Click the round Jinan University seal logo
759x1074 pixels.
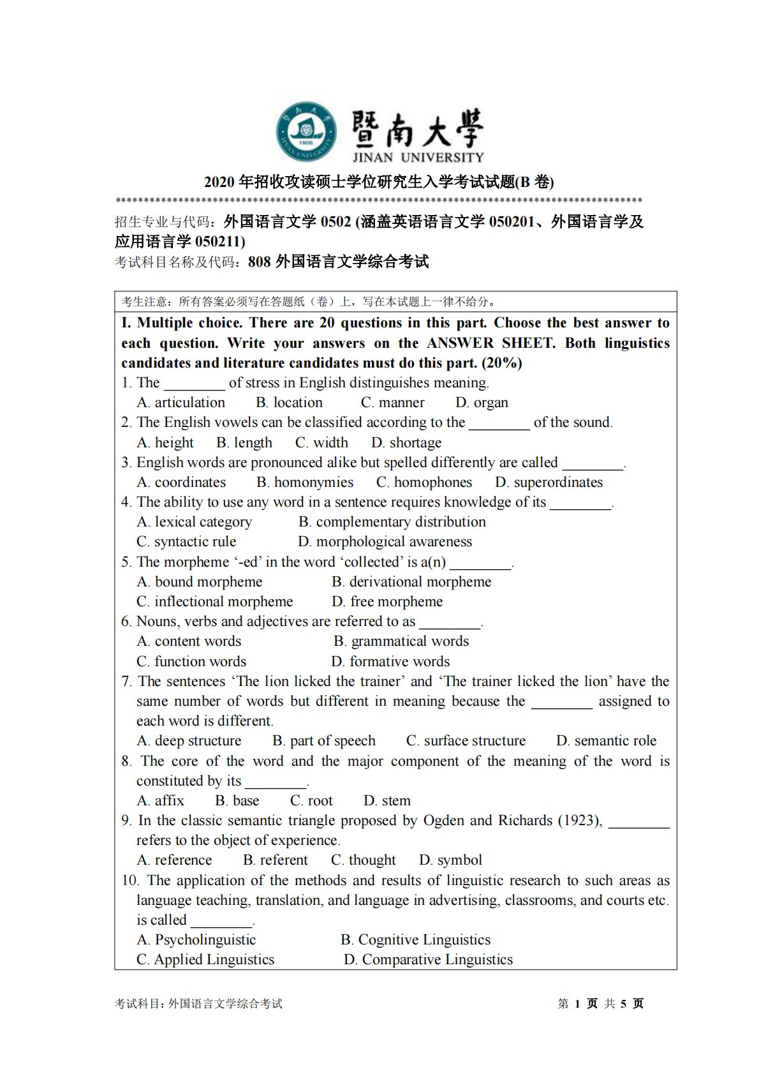tap(307, 132)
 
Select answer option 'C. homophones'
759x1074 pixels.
tap(424, 482)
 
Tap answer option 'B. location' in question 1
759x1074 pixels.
tap(289, 402)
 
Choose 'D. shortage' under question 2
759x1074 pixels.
tap(406, 442)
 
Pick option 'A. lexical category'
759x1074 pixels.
tap(194, 521)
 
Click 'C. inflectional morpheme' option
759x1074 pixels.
tap(214, 601)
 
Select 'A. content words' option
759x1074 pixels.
tap(189, 641)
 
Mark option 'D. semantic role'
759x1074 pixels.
tap(606, 740)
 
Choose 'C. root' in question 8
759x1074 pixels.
tap(311, 800)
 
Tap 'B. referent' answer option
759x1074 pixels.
tap(275, 860)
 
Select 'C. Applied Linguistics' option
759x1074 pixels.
tap(205, 959)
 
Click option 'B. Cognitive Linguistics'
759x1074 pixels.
tap(415, 939)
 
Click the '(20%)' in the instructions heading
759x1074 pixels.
tap(502, 362)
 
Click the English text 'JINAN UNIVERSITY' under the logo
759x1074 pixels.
tap(418, 157)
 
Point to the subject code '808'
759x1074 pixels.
tap(260, 261)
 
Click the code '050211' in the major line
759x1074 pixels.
tap(219, 241)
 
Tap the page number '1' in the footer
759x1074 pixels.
tap(577, 1003)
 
